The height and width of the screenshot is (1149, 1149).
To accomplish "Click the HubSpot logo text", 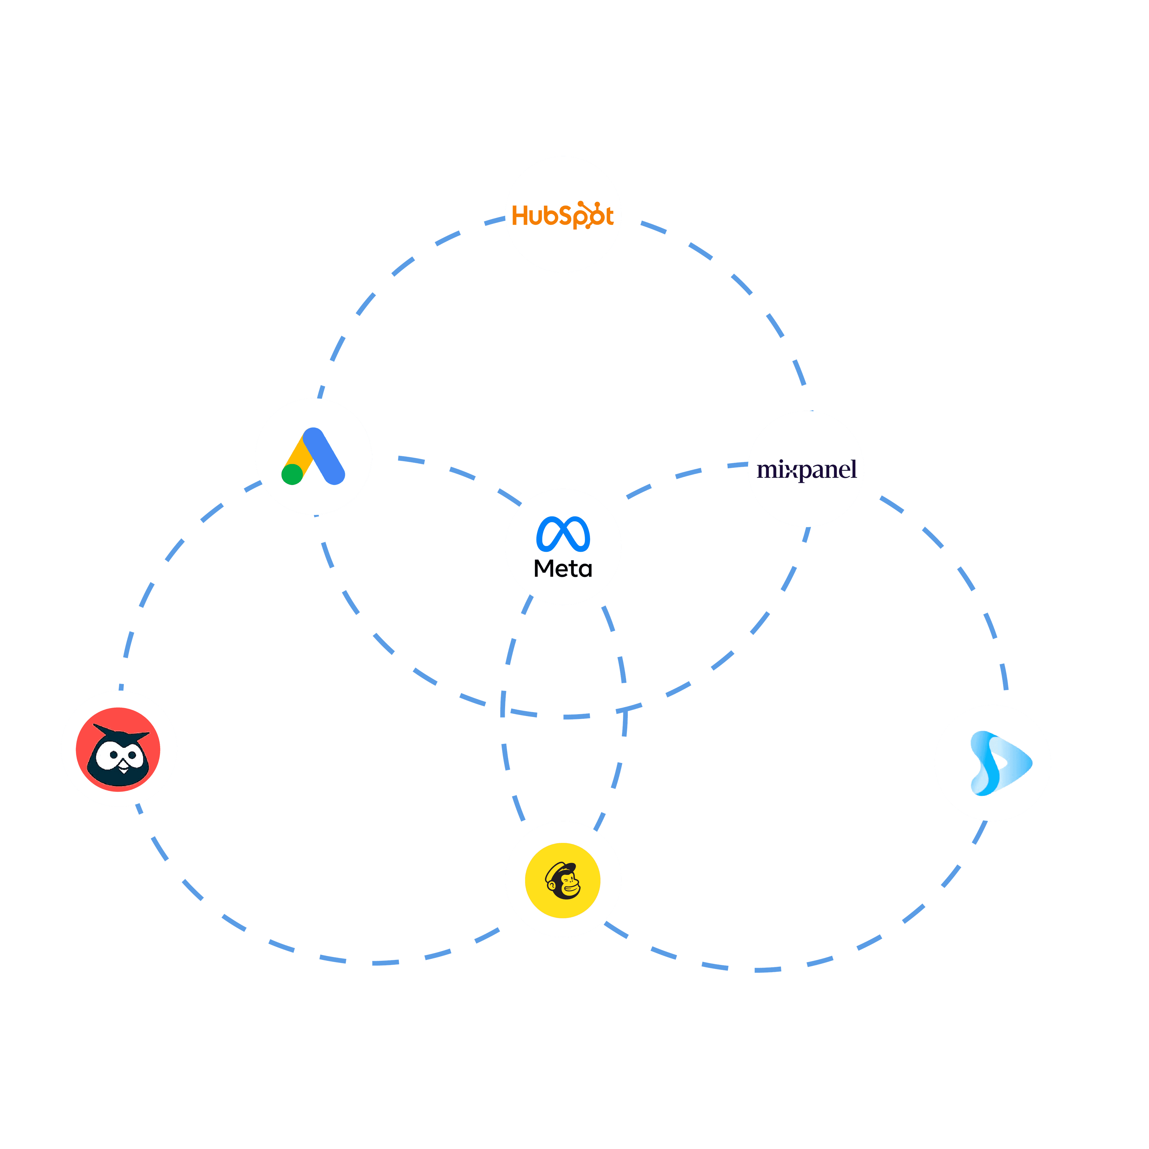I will click(x=563, y=215).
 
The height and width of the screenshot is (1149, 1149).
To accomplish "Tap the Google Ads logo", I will click(x=313, y=456).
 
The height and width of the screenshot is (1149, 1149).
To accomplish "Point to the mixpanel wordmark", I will click(x=806, y=470).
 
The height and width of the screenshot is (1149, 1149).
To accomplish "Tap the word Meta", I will click(x=563, y=569).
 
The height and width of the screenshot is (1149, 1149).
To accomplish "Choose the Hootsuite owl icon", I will click(x=118, y=749).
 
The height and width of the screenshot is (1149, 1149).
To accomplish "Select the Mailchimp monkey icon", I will click(x=563, y=880).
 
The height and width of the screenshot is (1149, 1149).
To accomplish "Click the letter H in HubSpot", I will click(x=520, y=216).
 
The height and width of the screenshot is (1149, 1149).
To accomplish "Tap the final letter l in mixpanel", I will click(x=853, y=469).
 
